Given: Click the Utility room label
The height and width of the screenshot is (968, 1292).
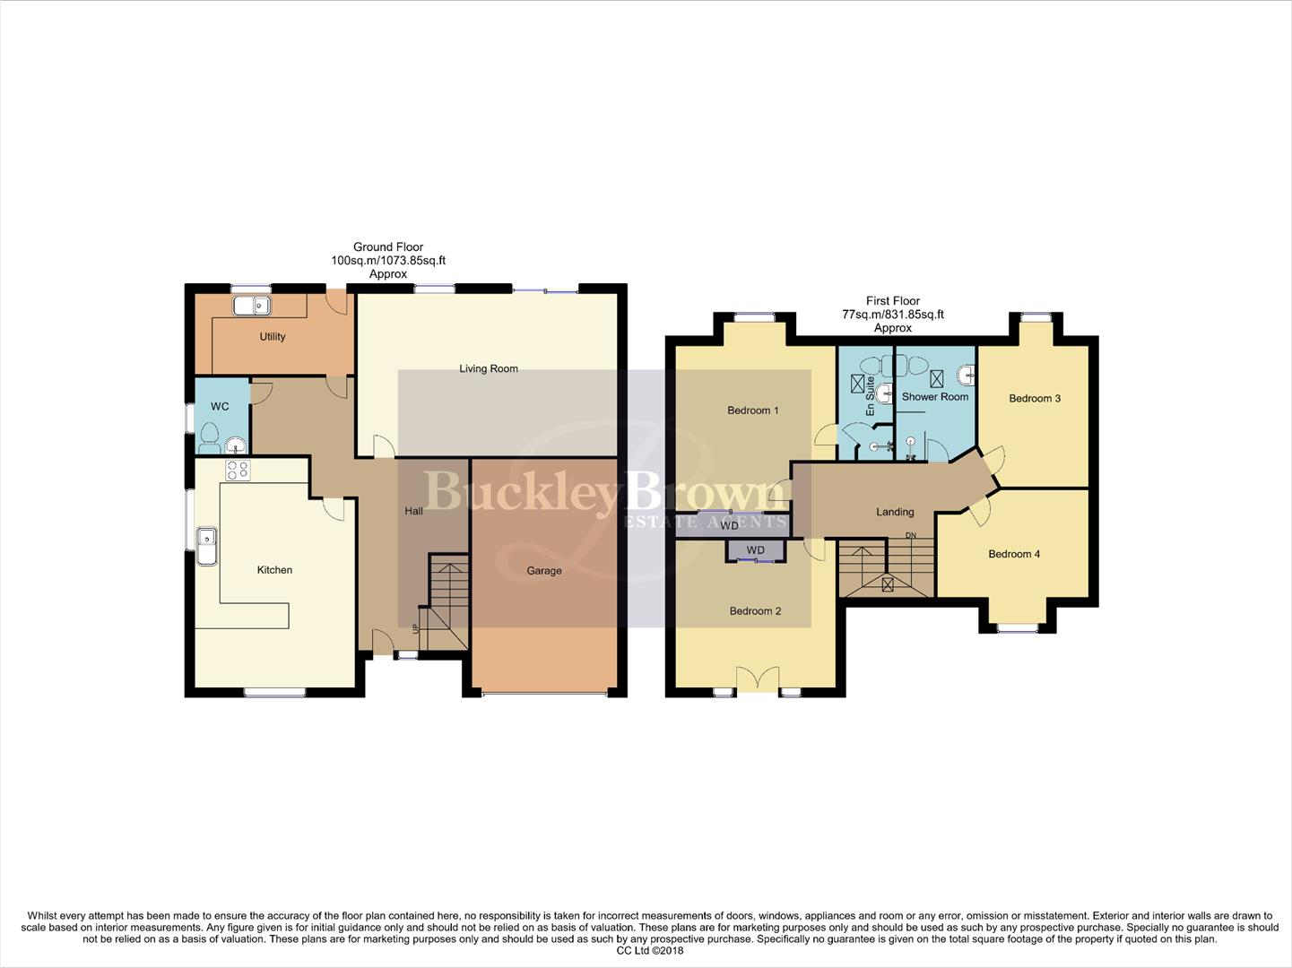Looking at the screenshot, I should click(273, 337).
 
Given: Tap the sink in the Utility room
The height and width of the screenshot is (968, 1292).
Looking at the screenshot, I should click(252, 306).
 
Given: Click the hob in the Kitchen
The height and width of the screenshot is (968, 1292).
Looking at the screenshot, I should click(238, 470).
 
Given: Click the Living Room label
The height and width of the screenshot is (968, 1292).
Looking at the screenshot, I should click(488, 368).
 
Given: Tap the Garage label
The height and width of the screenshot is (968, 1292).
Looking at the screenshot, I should click(544, 571).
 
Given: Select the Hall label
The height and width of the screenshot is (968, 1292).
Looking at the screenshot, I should click(413, 511).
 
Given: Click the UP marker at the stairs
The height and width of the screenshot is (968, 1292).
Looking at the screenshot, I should click(414, 629).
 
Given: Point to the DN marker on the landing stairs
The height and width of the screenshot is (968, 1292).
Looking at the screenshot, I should click(911, 536).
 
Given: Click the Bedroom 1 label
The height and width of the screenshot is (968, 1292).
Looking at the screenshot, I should click(752, 411).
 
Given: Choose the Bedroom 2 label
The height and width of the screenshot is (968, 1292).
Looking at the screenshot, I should click(755, 611).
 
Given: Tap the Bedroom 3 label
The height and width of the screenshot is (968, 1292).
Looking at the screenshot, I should click(1035, 398).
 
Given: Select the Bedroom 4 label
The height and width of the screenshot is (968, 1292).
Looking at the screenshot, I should click(1014, 554).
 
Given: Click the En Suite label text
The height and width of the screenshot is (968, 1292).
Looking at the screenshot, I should click(870, 395).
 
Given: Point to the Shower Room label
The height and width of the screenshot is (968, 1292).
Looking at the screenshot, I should click(935, 397).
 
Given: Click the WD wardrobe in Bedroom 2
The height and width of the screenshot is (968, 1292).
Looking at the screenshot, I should click(756, 550).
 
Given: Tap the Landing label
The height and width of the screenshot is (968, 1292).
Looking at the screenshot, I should click(895, 512).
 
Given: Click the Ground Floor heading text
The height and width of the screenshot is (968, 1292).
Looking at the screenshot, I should click(388, 247).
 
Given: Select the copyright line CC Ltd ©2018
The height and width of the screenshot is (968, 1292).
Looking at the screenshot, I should click(649, 950).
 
